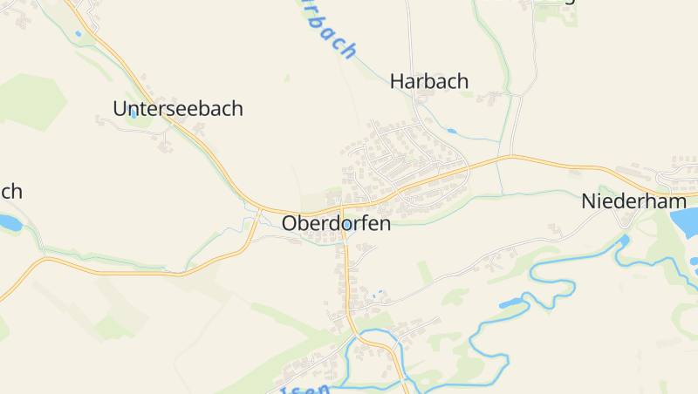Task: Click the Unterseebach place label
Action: pyautogui.click(x=178, y=109)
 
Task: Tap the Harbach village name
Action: pyautogui.click(x=429, y=81)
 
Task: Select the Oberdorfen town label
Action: pyautogui.click(x=336, y=223)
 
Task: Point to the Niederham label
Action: pyautogui.click(x=634, y=201)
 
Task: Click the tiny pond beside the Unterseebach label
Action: pyautogui.click(x=133, y=113)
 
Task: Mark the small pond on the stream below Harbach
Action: pyautogui.click(x=450, y=132)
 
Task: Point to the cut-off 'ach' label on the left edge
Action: pyautogui.click(x=10, y=191)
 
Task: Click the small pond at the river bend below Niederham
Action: pyautogui.click(x=623, y=239)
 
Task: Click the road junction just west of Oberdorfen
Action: pyautogui.click(x=260, y=210)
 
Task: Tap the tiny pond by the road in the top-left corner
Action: pyautogui.click(x=78, y=33)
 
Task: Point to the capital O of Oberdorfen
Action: pyautogui.click(x=290, y=223)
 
